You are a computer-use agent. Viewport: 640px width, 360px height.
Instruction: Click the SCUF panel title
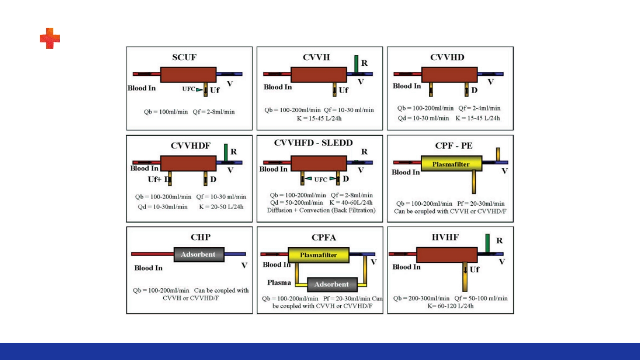[x=184, y=57]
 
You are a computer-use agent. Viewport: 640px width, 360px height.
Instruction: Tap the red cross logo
[x=50, y=38]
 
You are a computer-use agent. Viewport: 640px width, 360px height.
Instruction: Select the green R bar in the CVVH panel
[x=356, y=64]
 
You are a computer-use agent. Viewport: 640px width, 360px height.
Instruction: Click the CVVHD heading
[x=447, y=57]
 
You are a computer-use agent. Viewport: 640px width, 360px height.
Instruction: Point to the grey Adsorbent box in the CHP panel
[x=198, y=254]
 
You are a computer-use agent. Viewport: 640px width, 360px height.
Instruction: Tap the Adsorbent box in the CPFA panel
[x=332, y=284]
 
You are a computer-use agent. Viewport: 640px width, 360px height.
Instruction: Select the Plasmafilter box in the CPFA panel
[x=318, y=255]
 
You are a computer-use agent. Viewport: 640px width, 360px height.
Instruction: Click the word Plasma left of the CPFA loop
[x=279, y=282]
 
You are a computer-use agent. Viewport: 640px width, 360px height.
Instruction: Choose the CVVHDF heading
[x=191, y=146]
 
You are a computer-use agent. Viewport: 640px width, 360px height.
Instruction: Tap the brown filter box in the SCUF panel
[x=188, y=75]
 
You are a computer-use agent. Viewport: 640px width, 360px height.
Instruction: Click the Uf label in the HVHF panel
[x=474, y=270]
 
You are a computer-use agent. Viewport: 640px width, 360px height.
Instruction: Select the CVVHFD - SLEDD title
[x=313, y=143]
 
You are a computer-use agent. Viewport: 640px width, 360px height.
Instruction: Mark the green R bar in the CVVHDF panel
[x=226, y=152]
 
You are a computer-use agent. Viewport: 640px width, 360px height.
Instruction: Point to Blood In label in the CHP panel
[x=148, y=268]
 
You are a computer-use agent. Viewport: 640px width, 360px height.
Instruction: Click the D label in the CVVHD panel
[x=474, y=90]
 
